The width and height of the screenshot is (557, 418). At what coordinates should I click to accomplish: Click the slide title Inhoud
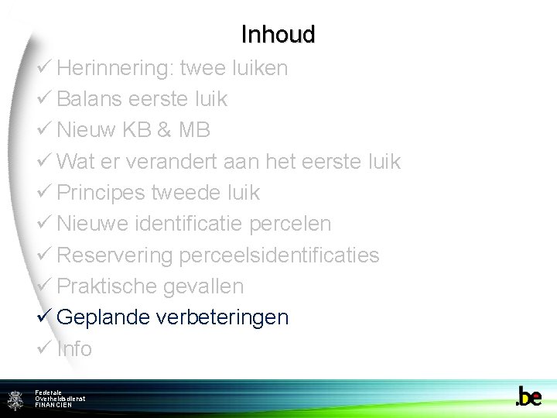(x=278, y=35)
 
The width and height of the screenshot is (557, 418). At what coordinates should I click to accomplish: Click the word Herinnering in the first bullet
(x=114, y=68)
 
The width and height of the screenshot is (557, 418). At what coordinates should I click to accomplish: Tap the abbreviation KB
(x=136, y=130)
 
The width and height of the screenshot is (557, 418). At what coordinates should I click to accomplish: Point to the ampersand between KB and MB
(x=164, y=130)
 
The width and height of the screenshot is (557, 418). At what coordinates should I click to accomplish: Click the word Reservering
(x=115, y=255)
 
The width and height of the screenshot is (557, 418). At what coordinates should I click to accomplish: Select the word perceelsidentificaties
(x=279, y=255)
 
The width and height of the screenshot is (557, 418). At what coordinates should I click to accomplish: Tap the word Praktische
(x=108, y=286)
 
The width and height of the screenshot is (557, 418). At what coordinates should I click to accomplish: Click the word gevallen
(x=204, y=286)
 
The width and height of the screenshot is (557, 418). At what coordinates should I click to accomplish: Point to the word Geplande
(x=104, y=317)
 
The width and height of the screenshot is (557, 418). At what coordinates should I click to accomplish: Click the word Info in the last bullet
(x=74, y=348)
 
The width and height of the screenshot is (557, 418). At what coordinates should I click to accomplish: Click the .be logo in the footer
(x=528, y=397)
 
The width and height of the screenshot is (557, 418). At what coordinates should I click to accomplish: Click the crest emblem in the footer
(x=15, y=399)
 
